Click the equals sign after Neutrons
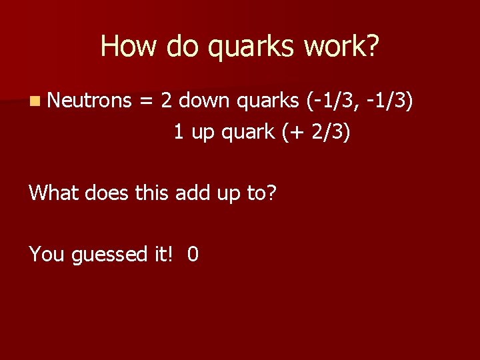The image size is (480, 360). pyautogui.click(x=145, y=101)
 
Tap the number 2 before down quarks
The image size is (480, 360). pyautogui.click(x=167, y=101)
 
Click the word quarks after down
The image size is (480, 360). pyautogui.click(x=268, y=101)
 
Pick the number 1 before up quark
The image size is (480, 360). pyautogui.click(x=179, y=132)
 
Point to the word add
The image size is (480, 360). pyautogui.click(x=191, y=193)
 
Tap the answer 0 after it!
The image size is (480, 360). pyautogui.click(x=193, y=254)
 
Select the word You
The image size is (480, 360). pyautogui.click(x=45, y=254)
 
